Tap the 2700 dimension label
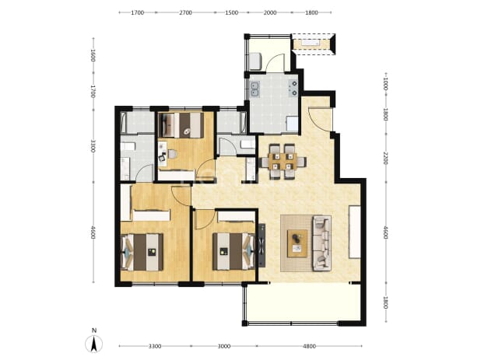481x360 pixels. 185,13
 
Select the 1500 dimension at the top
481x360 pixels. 232,13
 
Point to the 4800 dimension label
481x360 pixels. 309,347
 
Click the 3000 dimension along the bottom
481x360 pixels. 224,347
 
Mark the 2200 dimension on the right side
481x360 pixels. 386,158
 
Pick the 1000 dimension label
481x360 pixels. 386,84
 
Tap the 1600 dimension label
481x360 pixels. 93,55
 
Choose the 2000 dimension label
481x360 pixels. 270,13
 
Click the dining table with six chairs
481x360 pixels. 283,161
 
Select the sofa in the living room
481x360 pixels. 321,243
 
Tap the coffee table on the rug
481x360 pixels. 297,243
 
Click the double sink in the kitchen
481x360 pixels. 255,89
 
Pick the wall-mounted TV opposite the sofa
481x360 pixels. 355,232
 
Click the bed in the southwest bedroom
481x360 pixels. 142,252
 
